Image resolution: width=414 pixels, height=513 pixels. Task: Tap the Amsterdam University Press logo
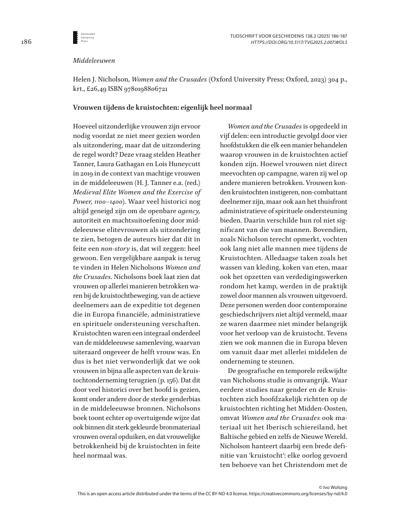(x=86, y=37)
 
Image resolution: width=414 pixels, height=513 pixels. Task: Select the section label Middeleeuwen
(x=90, y=61)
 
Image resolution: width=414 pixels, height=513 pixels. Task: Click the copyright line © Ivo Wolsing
(x=333, y=486)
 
